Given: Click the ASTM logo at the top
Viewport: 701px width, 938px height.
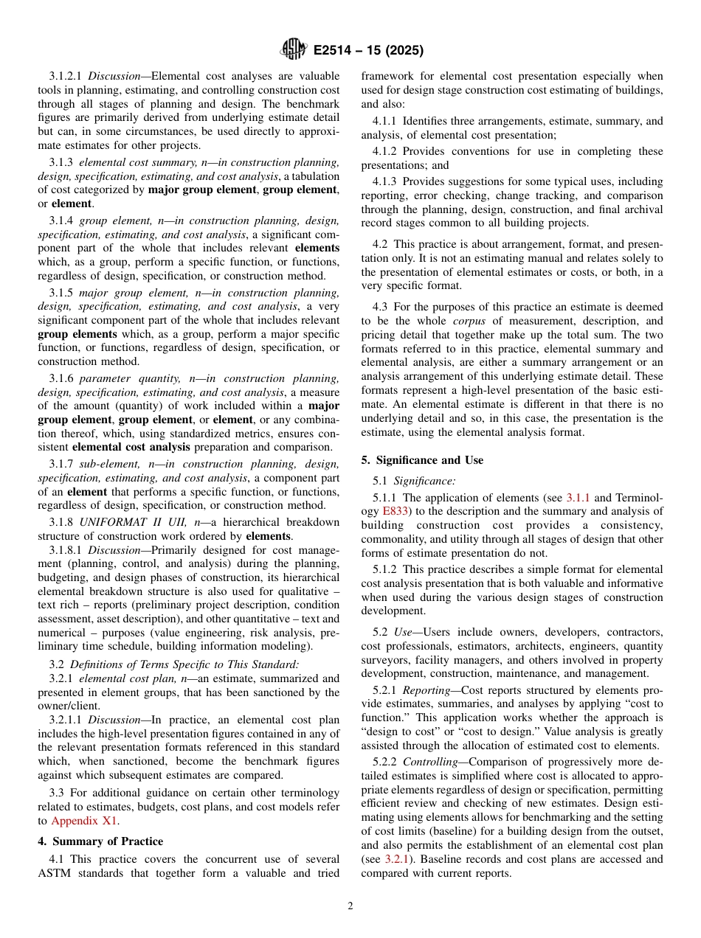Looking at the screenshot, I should click(293, 50).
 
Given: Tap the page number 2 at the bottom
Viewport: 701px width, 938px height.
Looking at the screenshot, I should click(350, 906).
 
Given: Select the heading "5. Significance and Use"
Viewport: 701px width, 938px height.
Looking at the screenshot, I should click(422, 460).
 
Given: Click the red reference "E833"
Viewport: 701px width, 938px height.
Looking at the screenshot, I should click(392, 511).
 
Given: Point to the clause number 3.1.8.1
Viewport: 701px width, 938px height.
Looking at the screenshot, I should click(67, 550).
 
